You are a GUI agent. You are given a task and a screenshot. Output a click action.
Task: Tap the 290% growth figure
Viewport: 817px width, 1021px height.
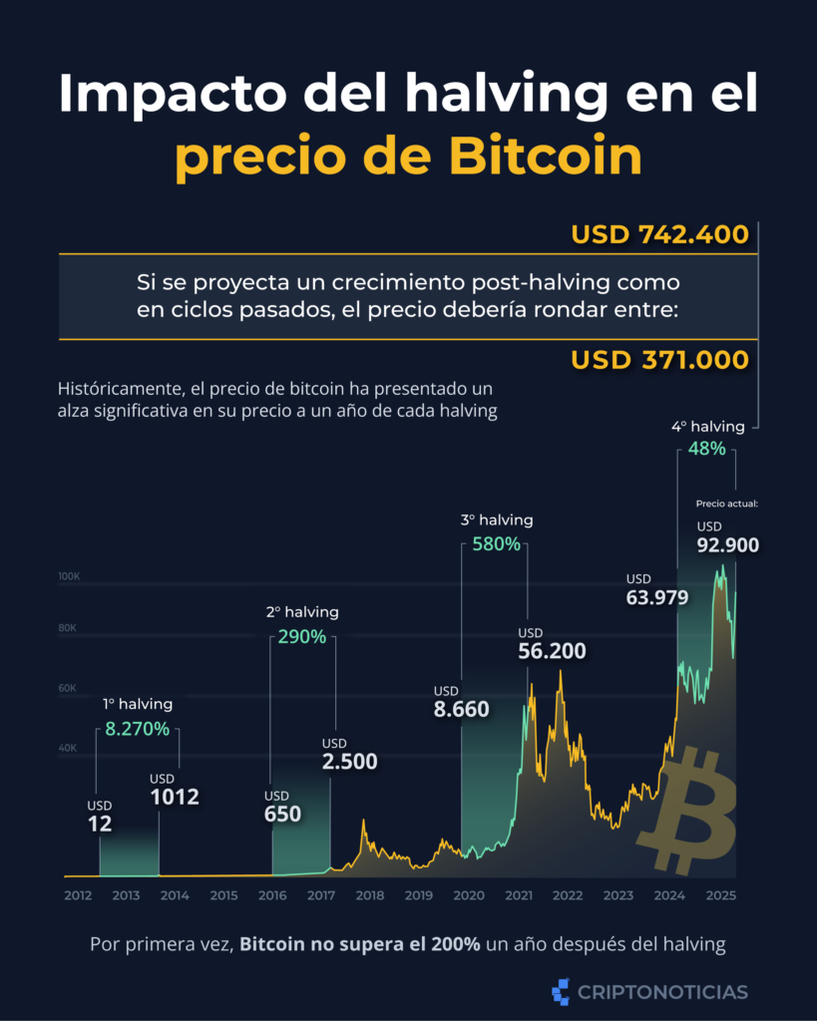tap(302, 636)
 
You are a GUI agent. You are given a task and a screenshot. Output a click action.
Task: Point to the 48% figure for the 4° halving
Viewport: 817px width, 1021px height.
tap(706, 450)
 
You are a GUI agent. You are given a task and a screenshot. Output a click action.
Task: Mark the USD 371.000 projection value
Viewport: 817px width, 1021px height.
tap(659, 359)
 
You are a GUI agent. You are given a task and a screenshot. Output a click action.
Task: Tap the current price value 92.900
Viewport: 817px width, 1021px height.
tap(728, 544)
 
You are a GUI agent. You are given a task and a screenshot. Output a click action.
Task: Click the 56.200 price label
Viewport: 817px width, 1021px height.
tap(553, 651)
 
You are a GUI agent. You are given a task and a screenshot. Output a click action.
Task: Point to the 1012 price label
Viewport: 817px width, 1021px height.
tap(175, 797)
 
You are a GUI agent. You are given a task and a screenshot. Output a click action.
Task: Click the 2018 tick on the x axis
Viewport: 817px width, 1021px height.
tap(370, 896)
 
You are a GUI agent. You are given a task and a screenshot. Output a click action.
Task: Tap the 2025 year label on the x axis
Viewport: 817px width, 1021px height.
tap(720, 896)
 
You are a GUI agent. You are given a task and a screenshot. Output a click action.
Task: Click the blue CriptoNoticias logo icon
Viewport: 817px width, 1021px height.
tap(561, 991)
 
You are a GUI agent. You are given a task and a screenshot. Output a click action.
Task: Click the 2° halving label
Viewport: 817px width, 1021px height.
tap(302, 611)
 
